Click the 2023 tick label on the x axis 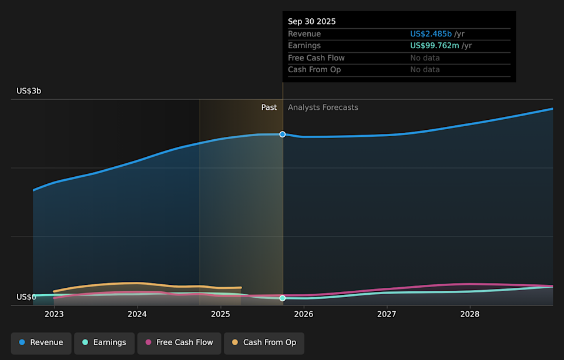[x=54, y=314]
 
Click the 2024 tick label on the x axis [x=137, y=314]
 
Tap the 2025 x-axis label [x=220, y=314]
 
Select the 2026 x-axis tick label [x=303, y=314]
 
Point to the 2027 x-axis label [x=387, y=314]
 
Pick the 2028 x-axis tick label [x=469, y=314]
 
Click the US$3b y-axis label [x=29, y=91]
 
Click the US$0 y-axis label [x=26, y=297]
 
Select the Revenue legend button [x=41, y=342]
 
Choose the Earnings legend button [x=104, y=342]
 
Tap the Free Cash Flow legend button [x=179, y=342]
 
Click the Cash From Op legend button [x=264, y=342]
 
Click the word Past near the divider [x=269, y=107]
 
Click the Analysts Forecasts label [x=323, y=107]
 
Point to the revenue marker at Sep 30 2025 [x=283, y=134]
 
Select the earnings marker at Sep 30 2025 [x=283, y=298]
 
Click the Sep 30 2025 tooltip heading [x=312, y=21]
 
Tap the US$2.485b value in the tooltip [x=431, y=34]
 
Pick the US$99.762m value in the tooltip [x=434, y=46]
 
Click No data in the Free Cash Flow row [x=425, y=58]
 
